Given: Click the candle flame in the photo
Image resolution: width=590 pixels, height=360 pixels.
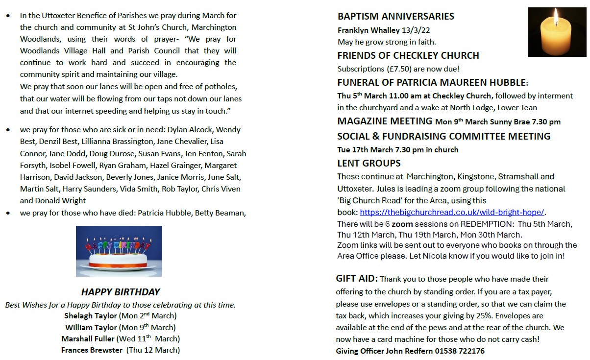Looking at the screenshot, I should (556, 18).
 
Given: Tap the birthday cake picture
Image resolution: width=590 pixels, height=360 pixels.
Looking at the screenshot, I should (119, 251).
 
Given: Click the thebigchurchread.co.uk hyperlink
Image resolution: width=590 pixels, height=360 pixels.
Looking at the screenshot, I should (452, 212).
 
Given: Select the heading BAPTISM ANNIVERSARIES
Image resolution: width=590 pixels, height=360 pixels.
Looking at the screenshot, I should (396, 16).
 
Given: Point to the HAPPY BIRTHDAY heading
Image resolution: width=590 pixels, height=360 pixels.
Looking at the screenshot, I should (121, 292).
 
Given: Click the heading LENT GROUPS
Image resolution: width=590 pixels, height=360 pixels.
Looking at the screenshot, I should (369, 163).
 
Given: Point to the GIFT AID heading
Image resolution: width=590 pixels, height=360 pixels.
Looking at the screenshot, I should (357, 279).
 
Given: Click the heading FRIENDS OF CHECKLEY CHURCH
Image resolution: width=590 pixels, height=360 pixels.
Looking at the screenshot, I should (408, 55).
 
